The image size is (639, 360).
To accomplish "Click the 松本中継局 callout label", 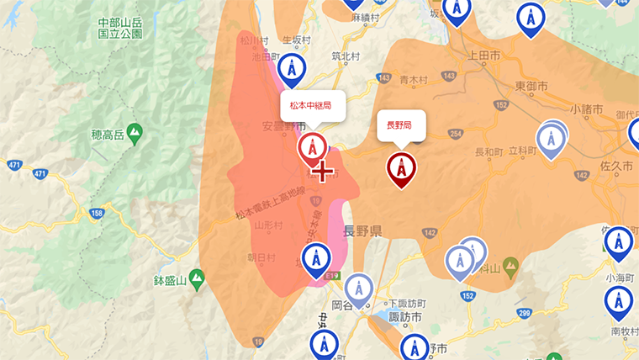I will (311, 106).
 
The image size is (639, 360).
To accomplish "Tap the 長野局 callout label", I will (399, 124).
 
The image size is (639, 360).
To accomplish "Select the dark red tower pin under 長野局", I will (401, 167).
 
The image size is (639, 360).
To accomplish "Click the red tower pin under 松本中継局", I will (313, 146).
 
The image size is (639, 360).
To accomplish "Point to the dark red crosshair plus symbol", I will (322, 172).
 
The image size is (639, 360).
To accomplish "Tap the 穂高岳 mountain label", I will (108, 134).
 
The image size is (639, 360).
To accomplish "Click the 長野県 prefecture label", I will (363, 230).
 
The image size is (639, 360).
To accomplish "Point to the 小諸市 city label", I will (586, 109).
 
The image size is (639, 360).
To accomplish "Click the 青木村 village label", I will (415, 81).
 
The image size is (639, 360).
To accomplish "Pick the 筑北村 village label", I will (346, 57).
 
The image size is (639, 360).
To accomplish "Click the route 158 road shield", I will (98, 214).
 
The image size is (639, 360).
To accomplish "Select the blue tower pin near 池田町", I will (291, 69).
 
